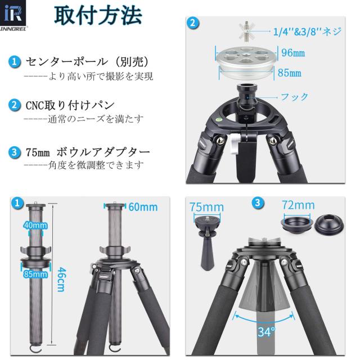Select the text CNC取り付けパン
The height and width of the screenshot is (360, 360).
pyautogui.click(x=70, y=105)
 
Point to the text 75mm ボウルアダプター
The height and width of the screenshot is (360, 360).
pyautogui.click(x=87, y=152)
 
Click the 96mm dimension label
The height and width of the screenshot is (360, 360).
pyautogui.click(x=292, y=53)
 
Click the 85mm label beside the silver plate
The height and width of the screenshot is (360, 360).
pyautogui.click(x=289, y=73)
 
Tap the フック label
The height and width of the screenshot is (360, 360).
pyautogui.click(x=295, y=97)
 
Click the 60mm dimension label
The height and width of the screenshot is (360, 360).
pyautogui.click(x=143, y=207)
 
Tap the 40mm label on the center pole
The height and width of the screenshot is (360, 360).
pyautogui.click(x=35, y=226)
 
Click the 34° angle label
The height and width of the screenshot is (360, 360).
pyautogui.click(x=266, y=332)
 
